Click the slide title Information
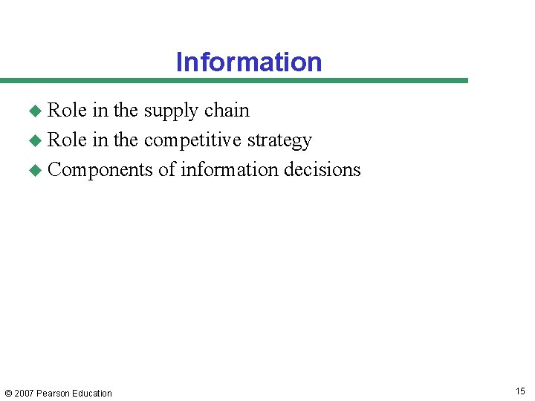pos(249,62)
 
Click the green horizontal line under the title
pos(234,80)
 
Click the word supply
pos(171,111)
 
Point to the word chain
pos(227,110)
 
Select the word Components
pos(100,170)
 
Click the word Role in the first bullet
pos(67,110)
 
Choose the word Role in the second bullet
pos(67,140)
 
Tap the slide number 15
pos(519,391)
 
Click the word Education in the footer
pos(93,394)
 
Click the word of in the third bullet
pos(166,169)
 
